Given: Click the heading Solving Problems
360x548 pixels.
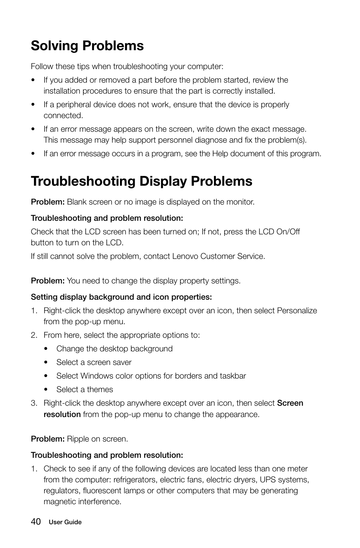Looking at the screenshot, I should click(87, 46).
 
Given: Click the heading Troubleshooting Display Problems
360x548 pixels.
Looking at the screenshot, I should click(142, 181).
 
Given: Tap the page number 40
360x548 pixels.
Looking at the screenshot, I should click(36, 522).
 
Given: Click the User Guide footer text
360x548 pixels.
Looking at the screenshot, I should click(65, 522).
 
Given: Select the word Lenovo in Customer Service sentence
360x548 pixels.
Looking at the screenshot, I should click(185, 256).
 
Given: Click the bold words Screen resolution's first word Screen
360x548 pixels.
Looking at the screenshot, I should click(290, 403).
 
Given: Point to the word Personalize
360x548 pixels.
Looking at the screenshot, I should click(297, 311).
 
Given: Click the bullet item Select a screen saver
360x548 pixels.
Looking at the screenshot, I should click(94, 362).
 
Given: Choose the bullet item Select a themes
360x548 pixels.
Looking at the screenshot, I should click(85, 389).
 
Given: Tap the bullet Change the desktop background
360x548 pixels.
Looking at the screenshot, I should click(114, 349).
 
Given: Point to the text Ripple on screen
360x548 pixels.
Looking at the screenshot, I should click(97, 439).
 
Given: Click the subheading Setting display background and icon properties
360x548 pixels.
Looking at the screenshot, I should click(121, 297).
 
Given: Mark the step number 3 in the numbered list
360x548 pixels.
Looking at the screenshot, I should click(34, 403).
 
